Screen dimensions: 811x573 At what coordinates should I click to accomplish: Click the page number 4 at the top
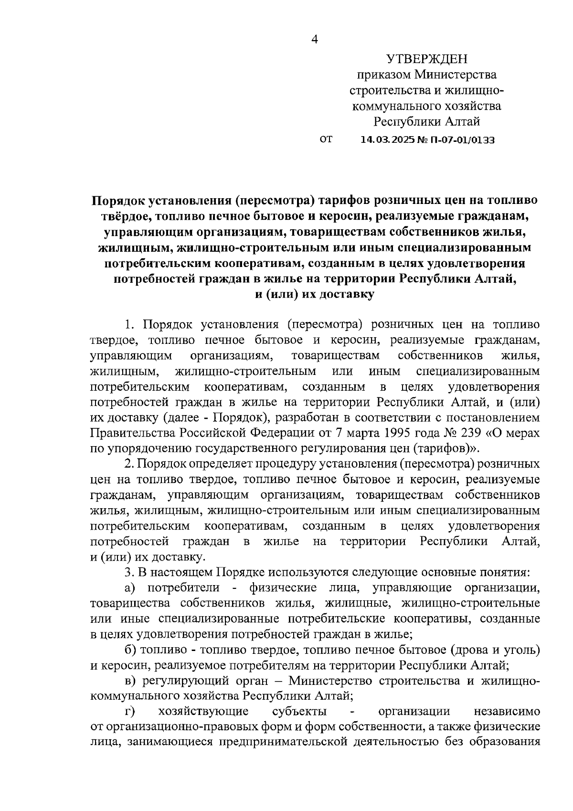[x=314, y=40]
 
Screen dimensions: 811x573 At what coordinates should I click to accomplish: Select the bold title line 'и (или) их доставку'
[x=314, y=295]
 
